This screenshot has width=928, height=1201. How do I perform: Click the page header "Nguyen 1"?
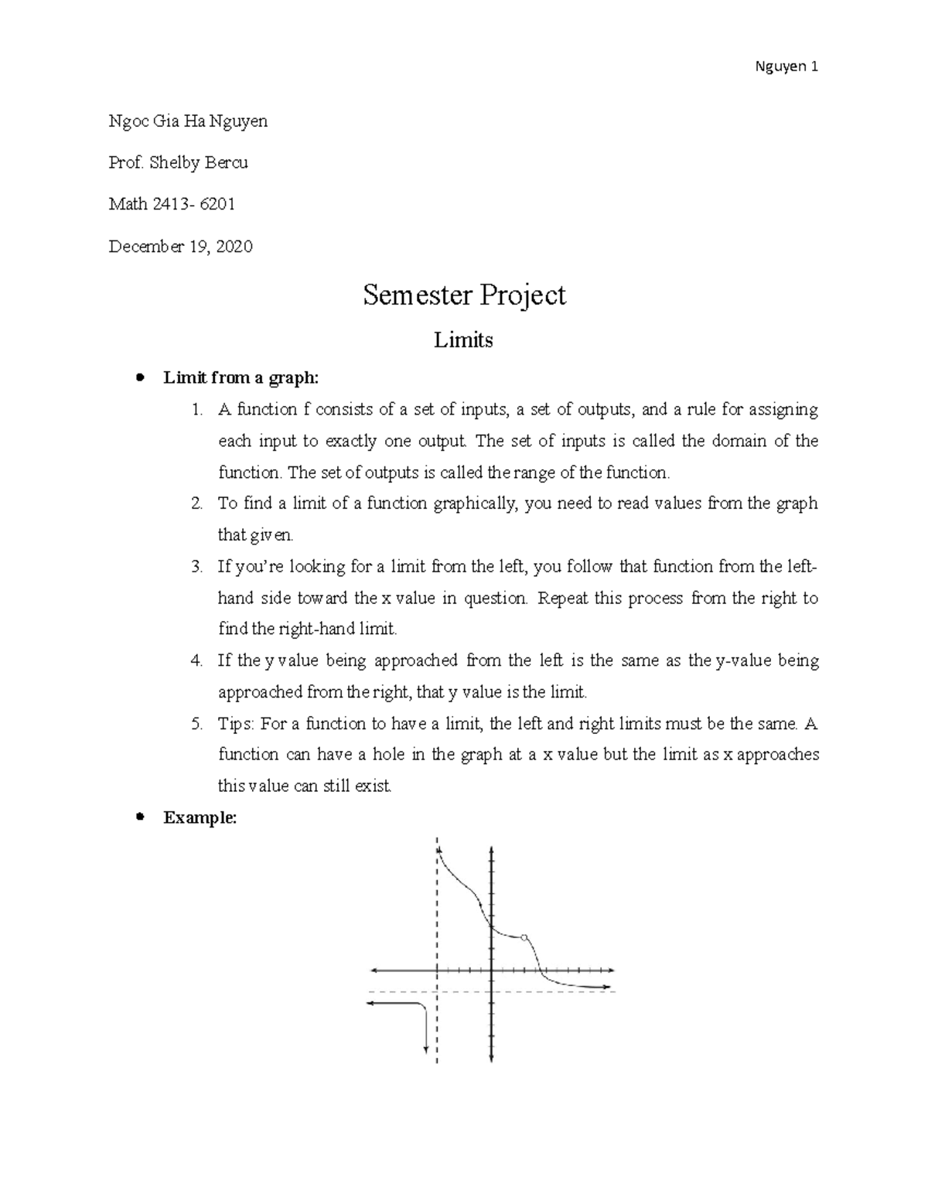(x=786, y=67)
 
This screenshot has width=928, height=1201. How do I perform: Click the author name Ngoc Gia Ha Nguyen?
(x=188, y=121)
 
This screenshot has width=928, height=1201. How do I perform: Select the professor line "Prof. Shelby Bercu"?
(x=178, y=162)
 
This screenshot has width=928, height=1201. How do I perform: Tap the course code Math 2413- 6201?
(x=172, y=204)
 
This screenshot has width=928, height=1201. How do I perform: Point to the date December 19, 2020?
(x=180, y=246)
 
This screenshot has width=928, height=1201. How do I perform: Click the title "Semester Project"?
(x=464, y=295)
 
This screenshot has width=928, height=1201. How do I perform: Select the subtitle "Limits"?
(x=463, y=339)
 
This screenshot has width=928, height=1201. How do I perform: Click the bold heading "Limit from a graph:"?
(x=241, y=377)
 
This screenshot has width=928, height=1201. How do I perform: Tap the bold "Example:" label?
(x=200, y=817)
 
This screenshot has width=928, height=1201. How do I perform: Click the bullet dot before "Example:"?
(x=140, y=817)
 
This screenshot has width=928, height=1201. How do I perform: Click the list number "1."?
(x=197, y=409)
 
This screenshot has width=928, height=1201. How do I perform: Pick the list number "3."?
(x=197, y=567)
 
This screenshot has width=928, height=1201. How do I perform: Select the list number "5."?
(x=197, y=724)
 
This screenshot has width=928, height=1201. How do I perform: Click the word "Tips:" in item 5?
(x=236, y=724)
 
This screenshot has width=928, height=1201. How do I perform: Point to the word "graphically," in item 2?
(x=475, y=503)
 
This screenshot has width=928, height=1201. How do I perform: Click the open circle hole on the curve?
(x=524, y=937)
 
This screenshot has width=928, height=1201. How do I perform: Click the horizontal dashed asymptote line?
(x=541, y=991)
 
